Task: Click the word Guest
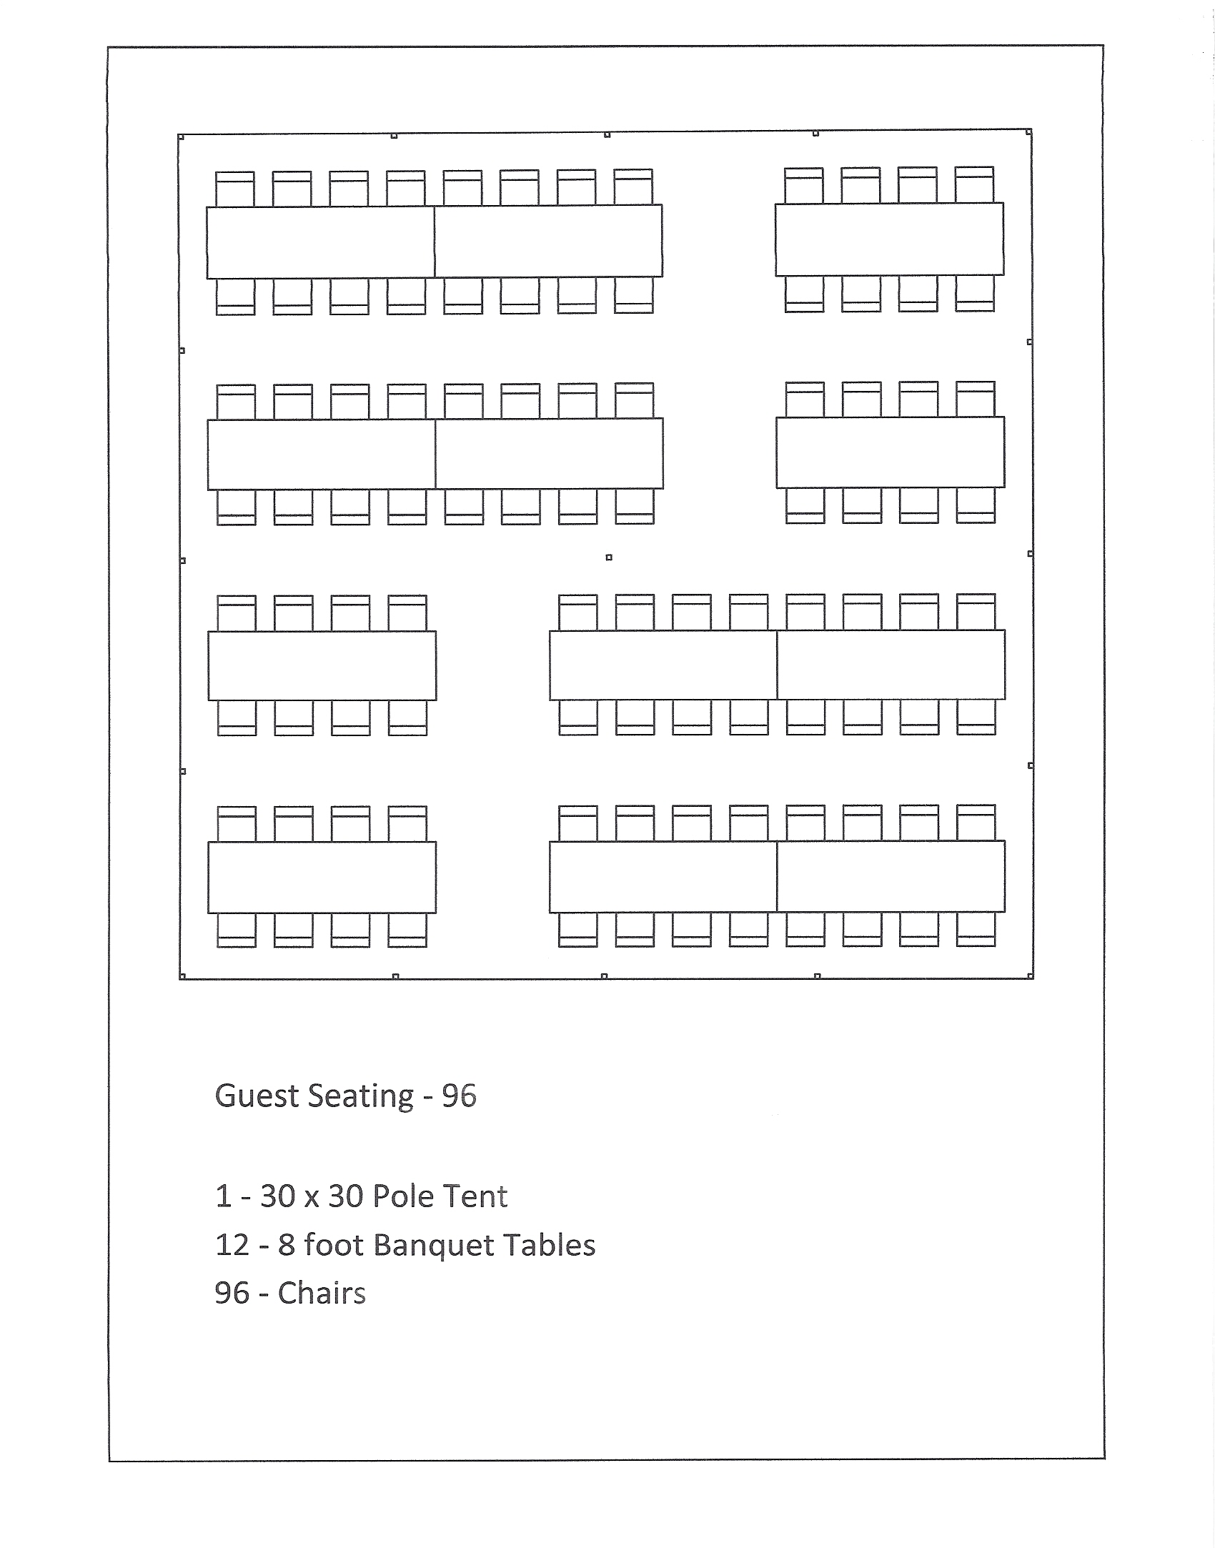[256, 1096]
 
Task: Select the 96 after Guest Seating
[459, 1096]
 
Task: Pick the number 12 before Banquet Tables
[232, 1245]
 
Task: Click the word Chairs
[322, 1294]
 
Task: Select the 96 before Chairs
[232, 1294]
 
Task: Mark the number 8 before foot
[286, 1245]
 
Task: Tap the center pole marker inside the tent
[609, 557]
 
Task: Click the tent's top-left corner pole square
[182, 137]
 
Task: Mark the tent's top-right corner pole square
[1028, 132]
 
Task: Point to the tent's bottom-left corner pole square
[182, 976]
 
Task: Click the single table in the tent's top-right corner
[889, 239]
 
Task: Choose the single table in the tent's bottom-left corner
[322, 877]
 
